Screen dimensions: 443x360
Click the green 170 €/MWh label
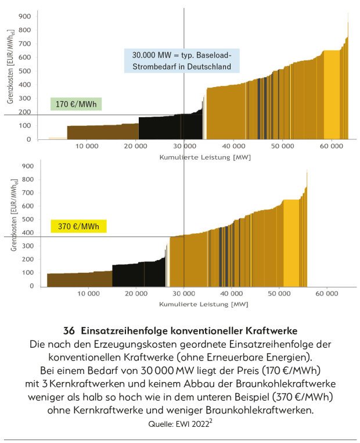tap(75, 105)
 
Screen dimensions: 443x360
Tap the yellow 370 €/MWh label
tap(75, 226)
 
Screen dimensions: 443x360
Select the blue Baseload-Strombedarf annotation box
tap(182, 60)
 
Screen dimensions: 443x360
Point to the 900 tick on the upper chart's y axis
tap(24, 16)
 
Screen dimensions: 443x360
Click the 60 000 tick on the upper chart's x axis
tap(329, 147)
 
